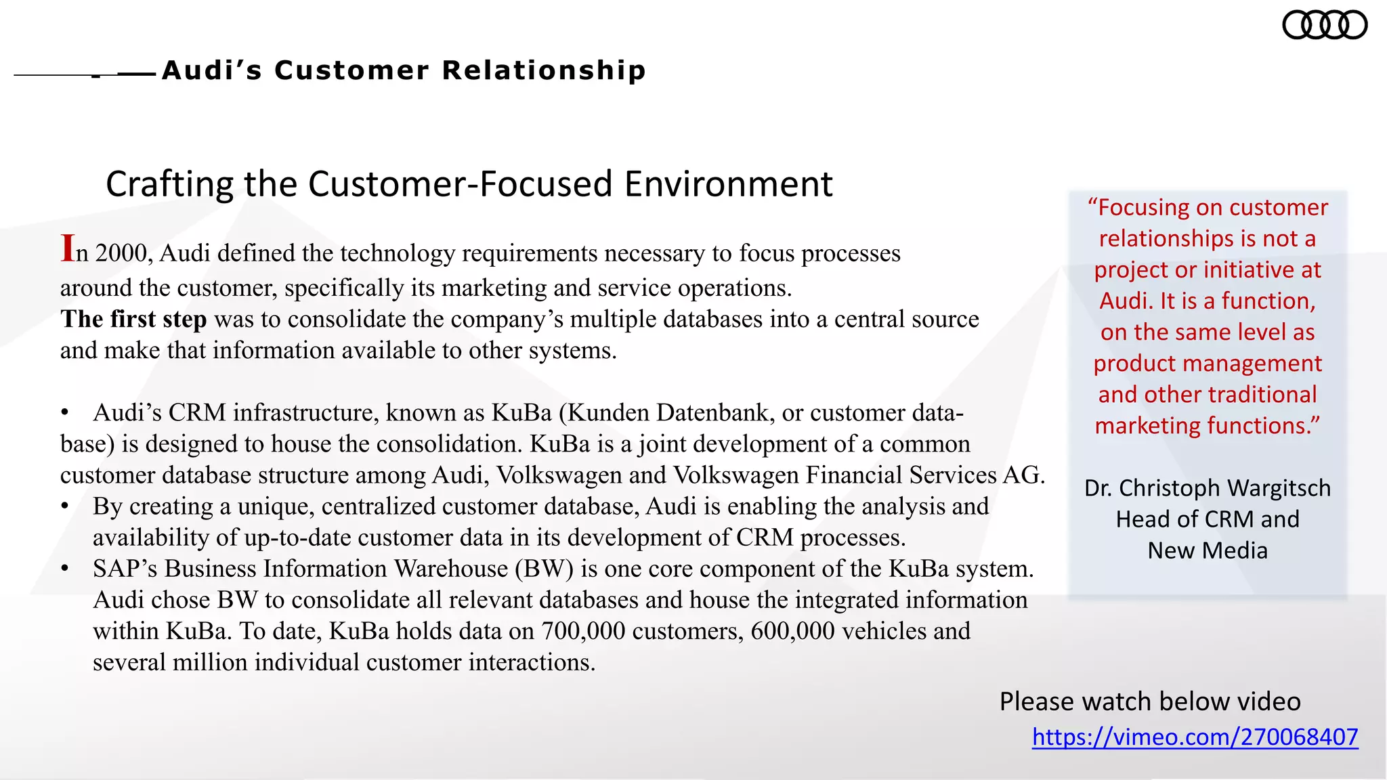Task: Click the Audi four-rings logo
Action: click(x=1325, y=26)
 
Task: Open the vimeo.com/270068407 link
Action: click(x=1195, y=737)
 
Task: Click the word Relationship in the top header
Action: click(x=544, y=70)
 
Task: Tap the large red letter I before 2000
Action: click(x=67, y=248)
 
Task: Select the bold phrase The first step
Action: click(x=133, y=319)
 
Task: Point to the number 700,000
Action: click(x=583, y=631)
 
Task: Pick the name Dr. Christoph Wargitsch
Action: click(x=1207, y=488)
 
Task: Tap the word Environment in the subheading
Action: click(x=728, y=184)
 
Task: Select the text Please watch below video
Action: click(x=1149, y=701)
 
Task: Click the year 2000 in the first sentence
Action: click(x=121, y=253)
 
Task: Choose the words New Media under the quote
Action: click(x=1207, y=550)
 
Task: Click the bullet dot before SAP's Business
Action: click(x=65, y=569)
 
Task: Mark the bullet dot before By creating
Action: click(x=65, y=506)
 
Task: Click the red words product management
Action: click(x=1207, y=364)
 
